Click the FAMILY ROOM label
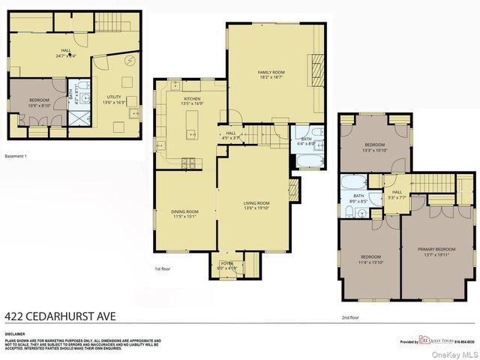click(271, 71)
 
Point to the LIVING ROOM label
click(256, 202)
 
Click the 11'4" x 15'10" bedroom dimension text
click(370, 262)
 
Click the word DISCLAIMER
click(15, 334)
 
